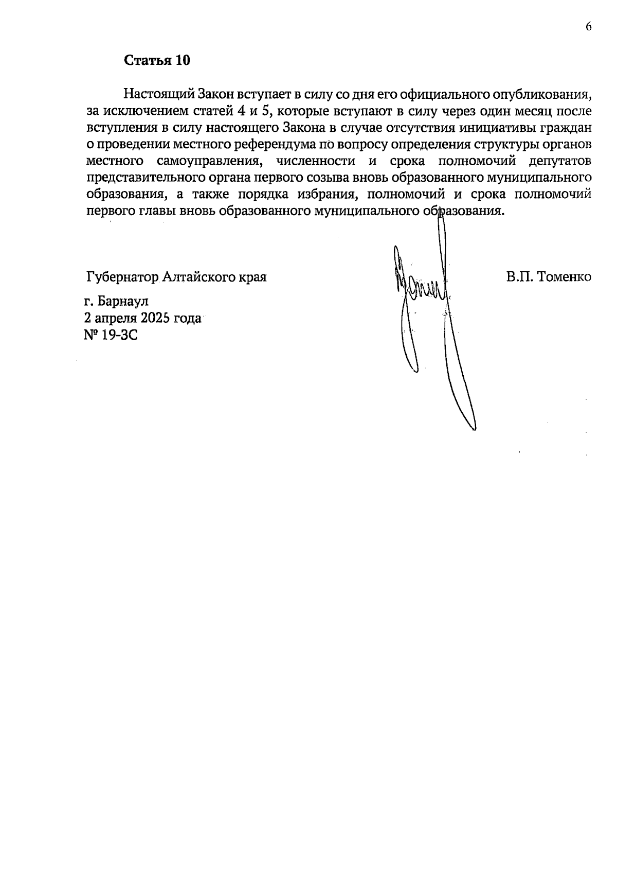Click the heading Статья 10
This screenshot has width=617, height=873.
[x=157, y=60]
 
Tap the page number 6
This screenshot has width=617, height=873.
[x=589, y=27]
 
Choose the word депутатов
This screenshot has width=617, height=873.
[x=560, y=161]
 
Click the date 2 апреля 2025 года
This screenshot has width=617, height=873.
[x=143, y=318]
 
